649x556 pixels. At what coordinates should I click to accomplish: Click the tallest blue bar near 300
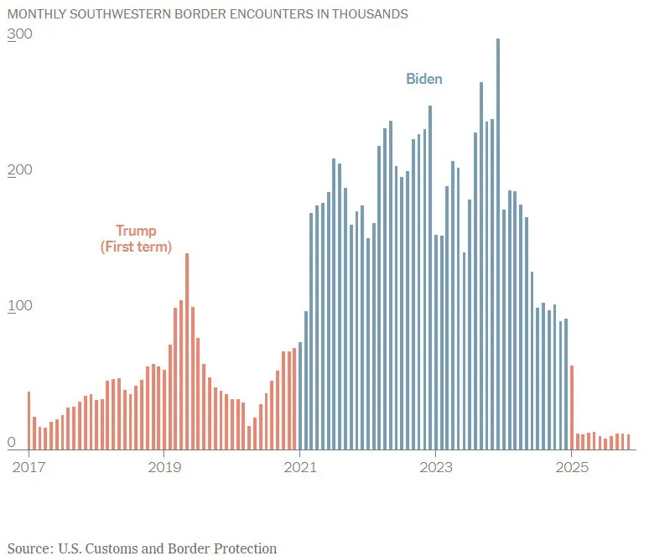[498, 243]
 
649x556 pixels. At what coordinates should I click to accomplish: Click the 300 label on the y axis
[18, 34]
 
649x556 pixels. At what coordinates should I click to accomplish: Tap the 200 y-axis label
[18, 170]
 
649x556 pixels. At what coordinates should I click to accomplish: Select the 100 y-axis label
[18, 305]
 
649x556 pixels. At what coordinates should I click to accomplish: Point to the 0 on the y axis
[12, 442]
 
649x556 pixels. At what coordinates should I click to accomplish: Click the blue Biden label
[424, 79]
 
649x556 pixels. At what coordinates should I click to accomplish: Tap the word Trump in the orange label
[136, 231]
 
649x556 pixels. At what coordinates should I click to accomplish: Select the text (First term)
[136, 247]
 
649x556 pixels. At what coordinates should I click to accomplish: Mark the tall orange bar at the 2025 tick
[572, 408]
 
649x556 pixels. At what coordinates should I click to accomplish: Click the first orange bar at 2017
[29, 420]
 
